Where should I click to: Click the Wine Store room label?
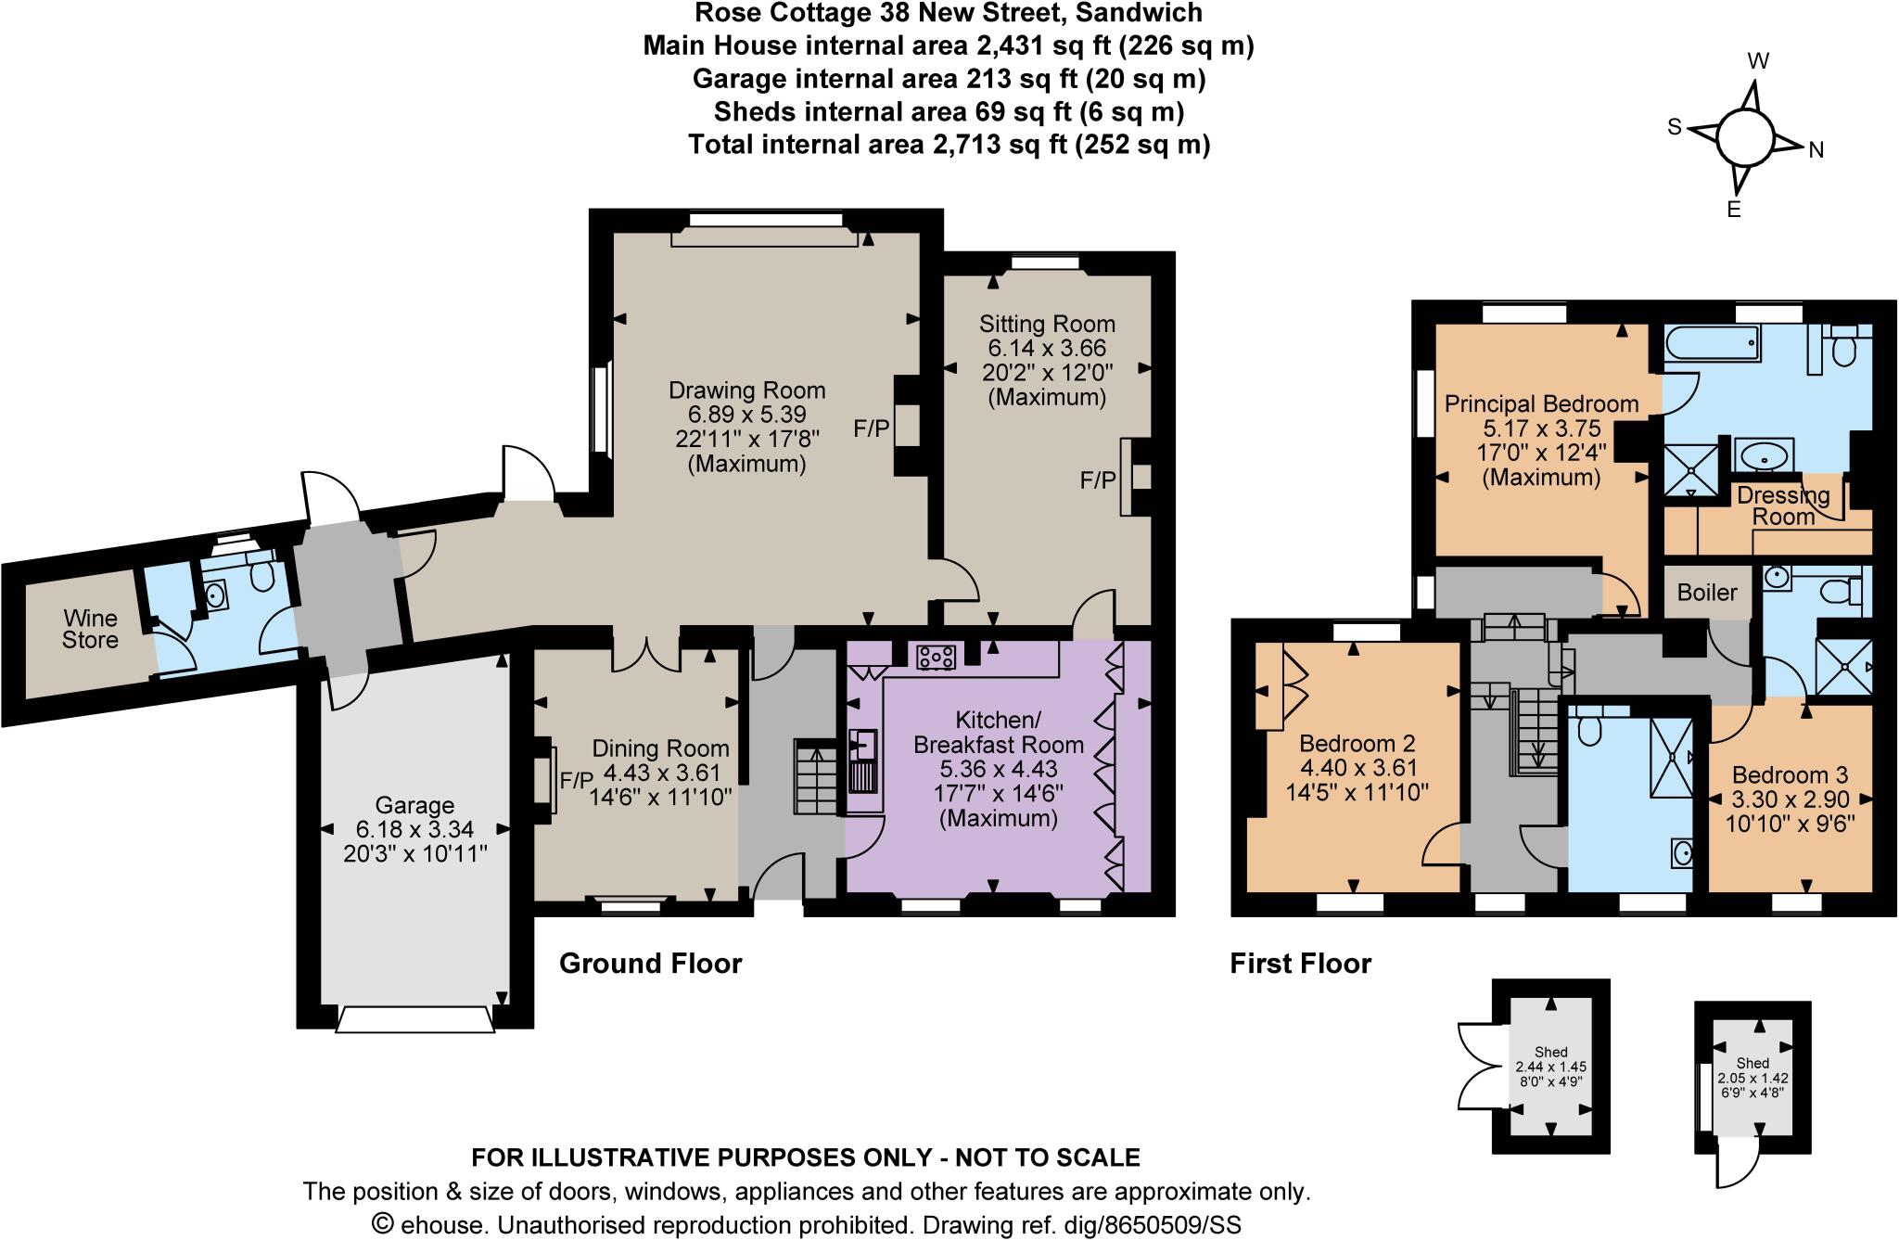90,629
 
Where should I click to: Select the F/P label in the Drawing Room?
872,428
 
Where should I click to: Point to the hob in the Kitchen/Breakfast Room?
936,658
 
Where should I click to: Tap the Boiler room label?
1707,592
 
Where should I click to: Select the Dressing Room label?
1782,505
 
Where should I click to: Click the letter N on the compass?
1816,151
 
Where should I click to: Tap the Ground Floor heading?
650,964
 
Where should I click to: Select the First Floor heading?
1300,964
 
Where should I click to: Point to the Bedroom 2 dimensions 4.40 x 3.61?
1358,768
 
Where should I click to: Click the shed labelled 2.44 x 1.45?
1550,1067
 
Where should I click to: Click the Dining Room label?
660,748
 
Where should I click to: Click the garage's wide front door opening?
414,1020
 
